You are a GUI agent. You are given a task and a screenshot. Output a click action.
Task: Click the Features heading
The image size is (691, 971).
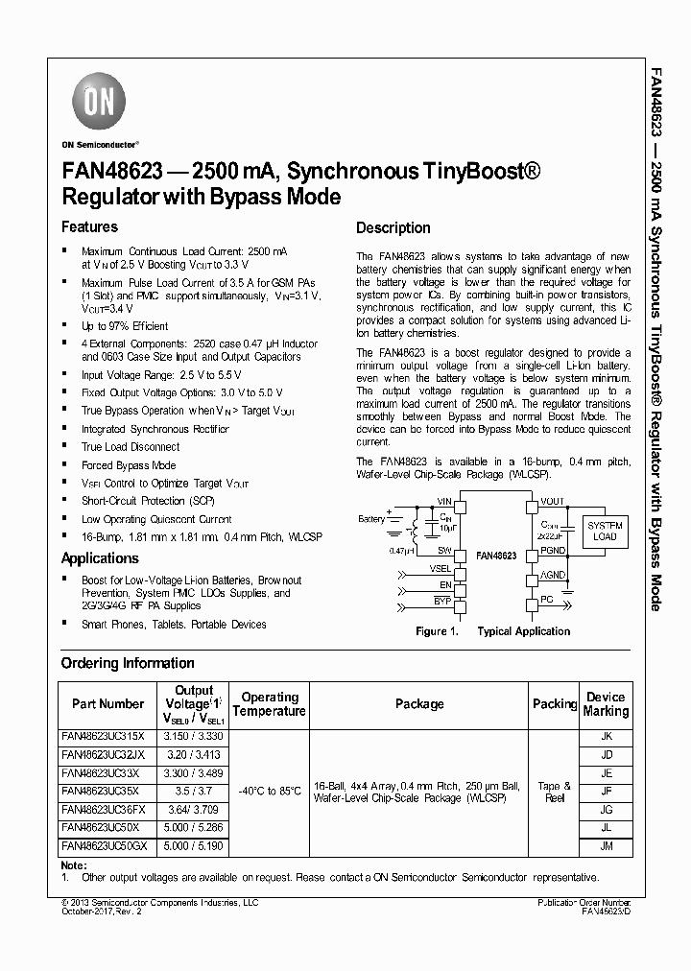(89, 227)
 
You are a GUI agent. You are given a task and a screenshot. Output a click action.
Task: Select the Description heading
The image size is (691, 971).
(393, 228)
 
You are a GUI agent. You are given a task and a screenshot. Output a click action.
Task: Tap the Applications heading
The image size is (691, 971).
(100, 558)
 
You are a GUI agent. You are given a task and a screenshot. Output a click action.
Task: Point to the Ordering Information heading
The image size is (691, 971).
(128, 663)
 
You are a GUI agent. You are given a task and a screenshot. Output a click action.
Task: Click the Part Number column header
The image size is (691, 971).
(107, 704)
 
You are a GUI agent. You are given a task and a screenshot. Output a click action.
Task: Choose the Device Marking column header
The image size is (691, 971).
(606, 704)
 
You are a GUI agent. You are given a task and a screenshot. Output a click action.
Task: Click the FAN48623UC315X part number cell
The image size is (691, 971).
(103, 736)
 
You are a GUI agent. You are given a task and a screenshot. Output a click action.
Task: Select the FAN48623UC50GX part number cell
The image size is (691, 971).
(105, 846)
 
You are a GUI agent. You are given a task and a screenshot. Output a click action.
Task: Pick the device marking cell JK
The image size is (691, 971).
(606, 736)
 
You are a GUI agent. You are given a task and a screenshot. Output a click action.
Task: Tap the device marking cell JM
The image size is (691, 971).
(606, 846)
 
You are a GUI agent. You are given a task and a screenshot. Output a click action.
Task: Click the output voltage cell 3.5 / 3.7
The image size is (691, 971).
(194, 792)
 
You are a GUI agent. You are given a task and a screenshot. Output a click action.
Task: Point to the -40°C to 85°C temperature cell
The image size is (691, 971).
(270, 791)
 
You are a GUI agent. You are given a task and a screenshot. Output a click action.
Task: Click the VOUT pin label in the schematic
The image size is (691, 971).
(552, 502)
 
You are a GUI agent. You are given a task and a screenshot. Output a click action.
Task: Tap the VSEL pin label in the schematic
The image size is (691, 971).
(441, 568)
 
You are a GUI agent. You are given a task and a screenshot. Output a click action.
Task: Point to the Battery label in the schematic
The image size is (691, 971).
(371, 519)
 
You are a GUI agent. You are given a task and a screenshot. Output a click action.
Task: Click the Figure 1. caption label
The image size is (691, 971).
(437, 631)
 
